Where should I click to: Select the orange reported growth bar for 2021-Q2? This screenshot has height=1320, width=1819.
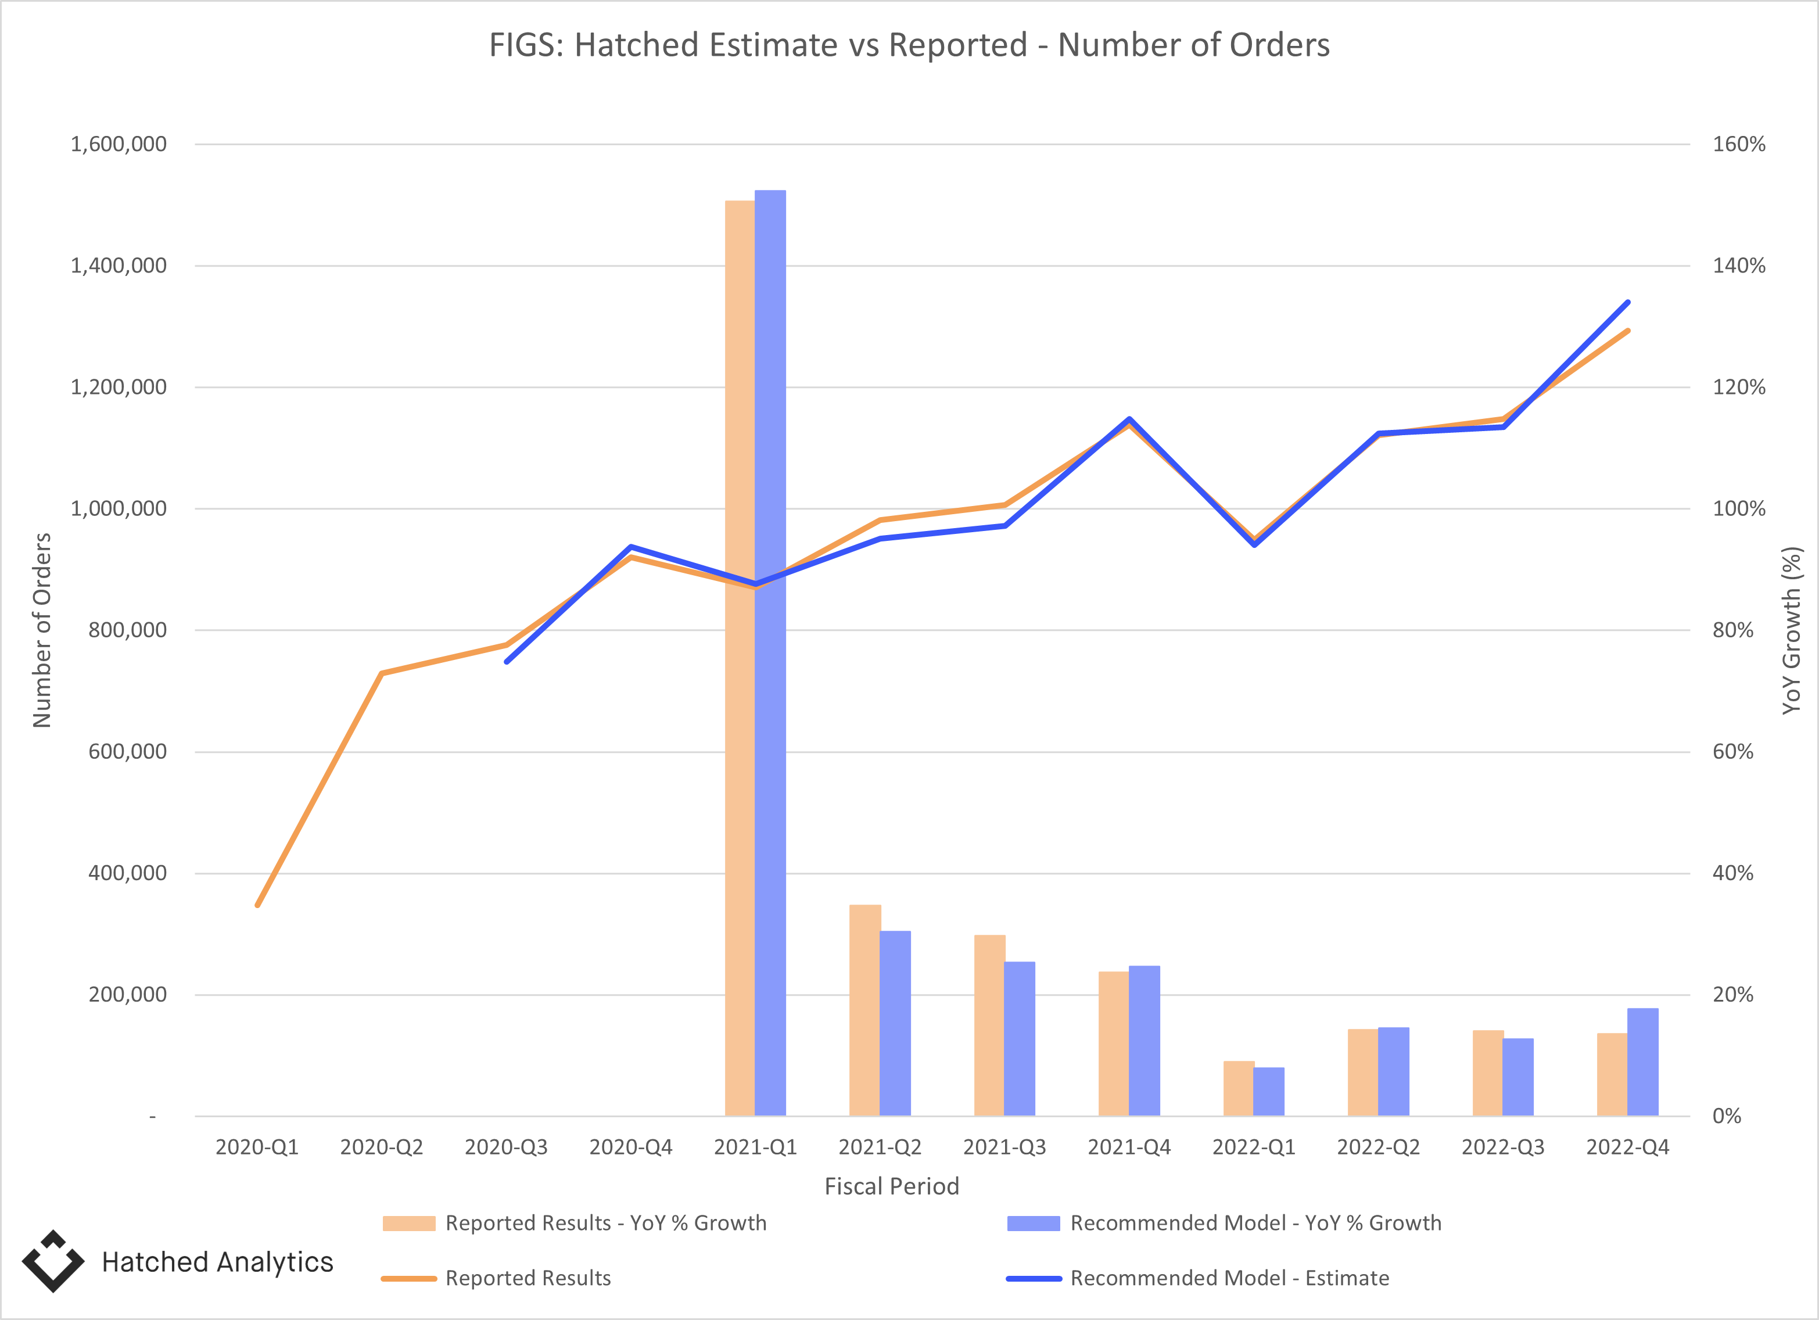(864, 1010)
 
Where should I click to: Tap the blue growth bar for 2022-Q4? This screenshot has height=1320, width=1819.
(1642, 1063)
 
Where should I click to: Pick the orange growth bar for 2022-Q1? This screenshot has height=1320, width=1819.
(1239, 1088)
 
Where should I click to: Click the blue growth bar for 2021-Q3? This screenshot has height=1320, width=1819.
(1020, 1039)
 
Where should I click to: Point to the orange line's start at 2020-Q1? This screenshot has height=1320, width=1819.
(257, 905)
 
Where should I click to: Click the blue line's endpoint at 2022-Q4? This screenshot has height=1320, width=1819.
(1627, 302)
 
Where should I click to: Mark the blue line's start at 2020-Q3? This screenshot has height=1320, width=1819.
(507, 662)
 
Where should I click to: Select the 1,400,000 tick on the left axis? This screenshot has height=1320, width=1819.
(119, 266)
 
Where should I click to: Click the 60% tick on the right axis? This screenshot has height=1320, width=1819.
(1732, 751)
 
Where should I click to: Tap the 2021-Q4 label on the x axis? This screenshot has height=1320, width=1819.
(1128, 1147)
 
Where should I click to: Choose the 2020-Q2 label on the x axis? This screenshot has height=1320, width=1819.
(381, 1147)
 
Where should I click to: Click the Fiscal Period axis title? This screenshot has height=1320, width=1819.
(891, 1186)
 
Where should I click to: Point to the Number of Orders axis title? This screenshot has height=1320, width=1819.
(42, 630)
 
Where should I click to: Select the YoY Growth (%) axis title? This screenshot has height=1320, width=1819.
(1792, 630)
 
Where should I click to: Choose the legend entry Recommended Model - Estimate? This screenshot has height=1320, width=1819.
(1229, 1278)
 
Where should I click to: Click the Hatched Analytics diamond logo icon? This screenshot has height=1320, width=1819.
(53, 1261)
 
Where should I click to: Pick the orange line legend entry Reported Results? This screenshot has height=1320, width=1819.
(528, 1278)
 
